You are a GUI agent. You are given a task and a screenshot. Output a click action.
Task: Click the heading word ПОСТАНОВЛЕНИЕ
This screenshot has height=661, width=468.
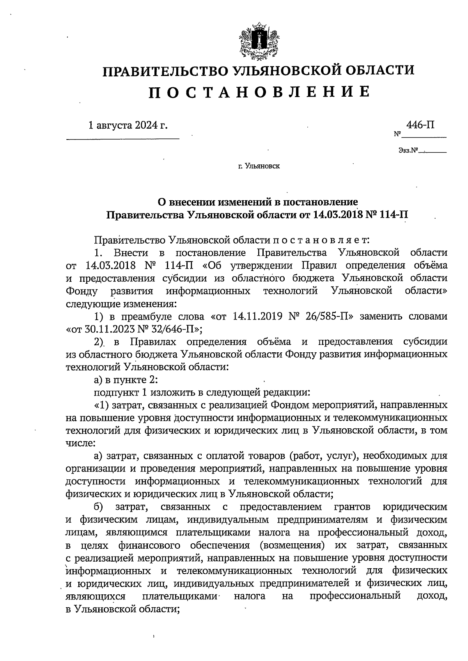[259, 92]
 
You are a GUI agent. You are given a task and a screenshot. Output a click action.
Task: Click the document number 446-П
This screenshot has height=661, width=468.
[420, 125]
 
